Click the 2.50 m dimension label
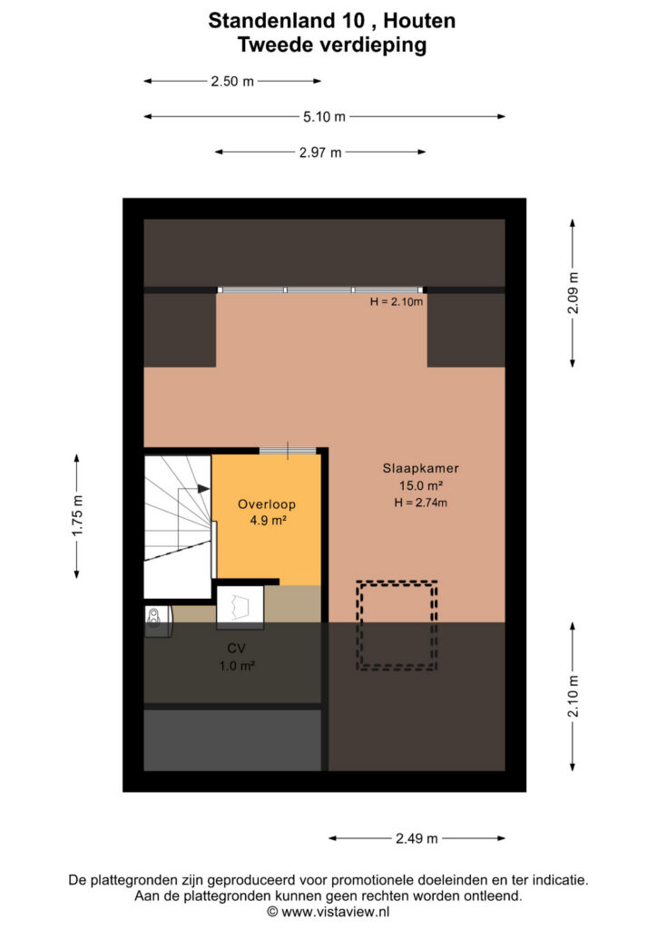(232, 81)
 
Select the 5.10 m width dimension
(324, 117)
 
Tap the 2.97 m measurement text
(320, 152)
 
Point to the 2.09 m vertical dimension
(573, 293)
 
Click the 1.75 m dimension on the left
(77, 515)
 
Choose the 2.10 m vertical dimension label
(573, 696)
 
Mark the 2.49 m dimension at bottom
(417, 838)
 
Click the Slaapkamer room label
(421, 468)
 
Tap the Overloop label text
(267, 504)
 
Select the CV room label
(236, 648)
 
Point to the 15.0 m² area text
(421, 486)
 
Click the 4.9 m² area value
(268, 521)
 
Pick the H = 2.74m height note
(421, 503)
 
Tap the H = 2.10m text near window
(397, 301)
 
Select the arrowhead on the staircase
(204, 489)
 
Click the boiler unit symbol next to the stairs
(158, 621)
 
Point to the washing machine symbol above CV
(240, 607)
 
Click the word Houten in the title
(419, 21)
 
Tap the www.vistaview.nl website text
(336, 912)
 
